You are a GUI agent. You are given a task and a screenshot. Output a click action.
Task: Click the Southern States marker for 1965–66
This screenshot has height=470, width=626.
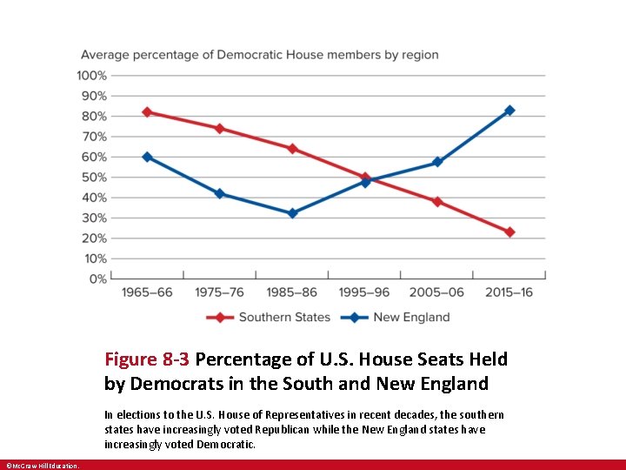[147, 112]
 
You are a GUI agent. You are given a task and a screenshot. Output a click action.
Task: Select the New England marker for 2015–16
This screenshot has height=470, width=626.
[509, 111]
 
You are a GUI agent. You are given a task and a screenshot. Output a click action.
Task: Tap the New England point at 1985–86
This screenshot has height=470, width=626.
[292, 213]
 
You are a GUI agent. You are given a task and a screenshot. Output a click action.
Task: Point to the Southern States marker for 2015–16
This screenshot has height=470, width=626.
[509, 232]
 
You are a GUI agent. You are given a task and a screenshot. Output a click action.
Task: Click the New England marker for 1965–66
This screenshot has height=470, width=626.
[147, 157]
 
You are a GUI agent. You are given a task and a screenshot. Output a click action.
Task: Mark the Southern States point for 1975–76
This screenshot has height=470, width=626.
[219, 128]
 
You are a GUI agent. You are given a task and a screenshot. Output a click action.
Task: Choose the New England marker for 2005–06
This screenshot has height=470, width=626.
[437, 162]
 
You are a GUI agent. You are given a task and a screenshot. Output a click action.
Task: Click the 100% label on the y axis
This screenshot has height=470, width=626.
[93, 76]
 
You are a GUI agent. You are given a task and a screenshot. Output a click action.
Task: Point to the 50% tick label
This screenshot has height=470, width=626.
[96, 178]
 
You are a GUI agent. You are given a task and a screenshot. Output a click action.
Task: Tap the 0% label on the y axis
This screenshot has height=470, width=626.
[98, 279]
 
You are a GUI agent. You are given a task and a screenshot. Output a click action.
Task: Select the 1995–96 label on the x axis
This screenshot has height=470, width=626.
[364, 292]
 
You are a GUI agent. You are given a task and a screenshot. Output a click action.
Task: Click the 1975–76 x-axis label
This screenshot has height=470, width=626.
[219, 292]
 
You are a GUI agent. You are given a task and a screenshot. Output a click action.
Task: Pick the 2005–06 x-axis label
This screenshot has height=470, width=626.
[437, 292]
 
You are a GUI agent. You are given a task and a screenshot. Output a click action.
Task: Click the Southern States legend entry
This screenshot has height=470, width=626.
[269, 318]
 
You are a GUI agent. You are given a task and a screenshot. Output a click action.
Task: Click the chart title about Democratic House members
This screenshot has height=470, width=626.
[260, 55]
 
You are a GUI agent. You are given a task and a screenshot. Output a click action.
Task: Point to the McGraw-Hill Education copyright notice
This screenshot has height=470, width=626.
[41, 466]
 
